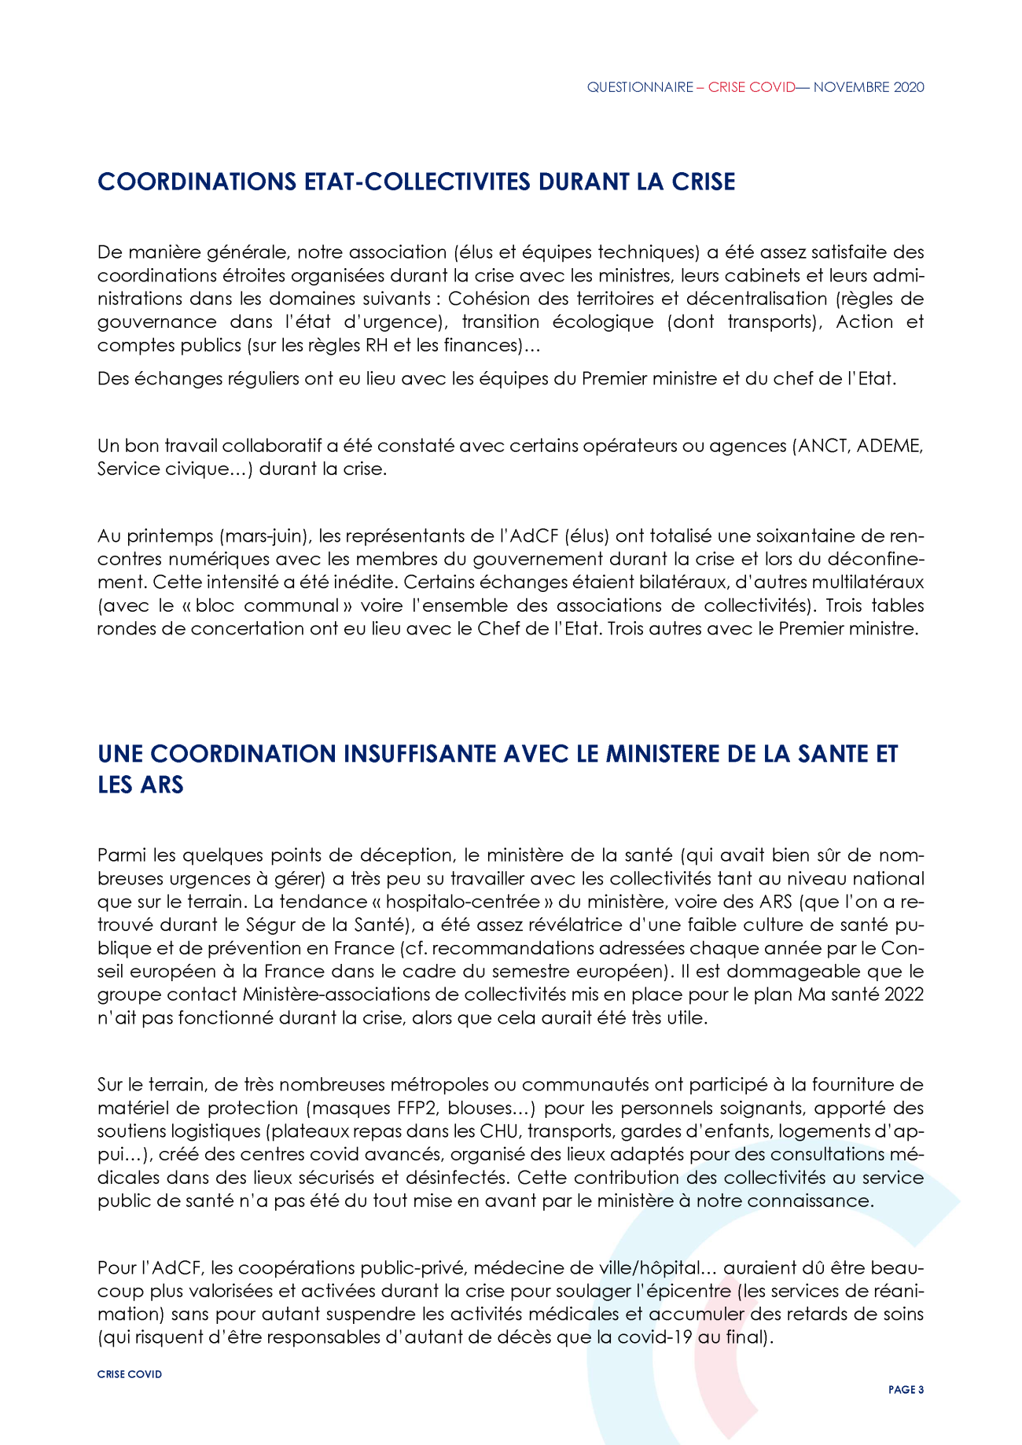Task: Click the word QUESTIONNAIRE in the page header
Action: (x=639, y=87)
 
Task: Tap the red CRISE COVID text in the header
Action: (x=752, y=87)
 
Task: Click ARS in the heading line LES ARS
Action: (x=163, y=785)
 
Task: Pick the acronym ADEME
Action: (x=888, y=446)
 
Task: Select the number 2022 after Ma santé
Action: (x=903, y=995)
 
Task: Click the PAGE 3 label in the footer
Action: (x=906, y=1390)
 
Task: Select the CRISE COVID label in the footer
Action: (x=130, y=1374)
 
